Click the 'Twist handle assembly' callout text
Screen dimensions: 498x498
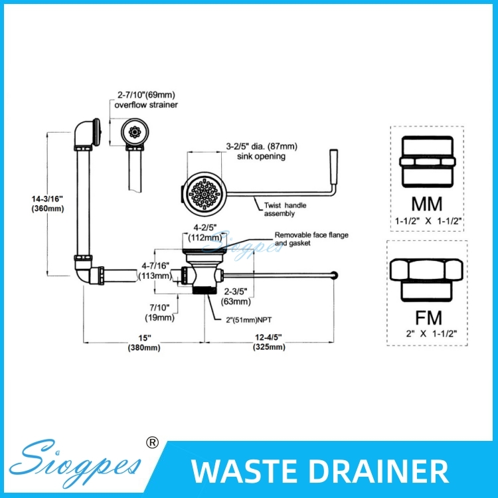(x=286, y=210)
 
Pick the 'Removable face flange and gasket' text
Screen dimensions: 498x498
(x=311, y=239)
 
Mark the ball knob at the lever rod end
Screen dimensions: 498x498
(x=341, y=274)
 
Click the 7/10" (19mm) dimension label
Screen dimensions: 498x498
(x=161, y=312)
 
